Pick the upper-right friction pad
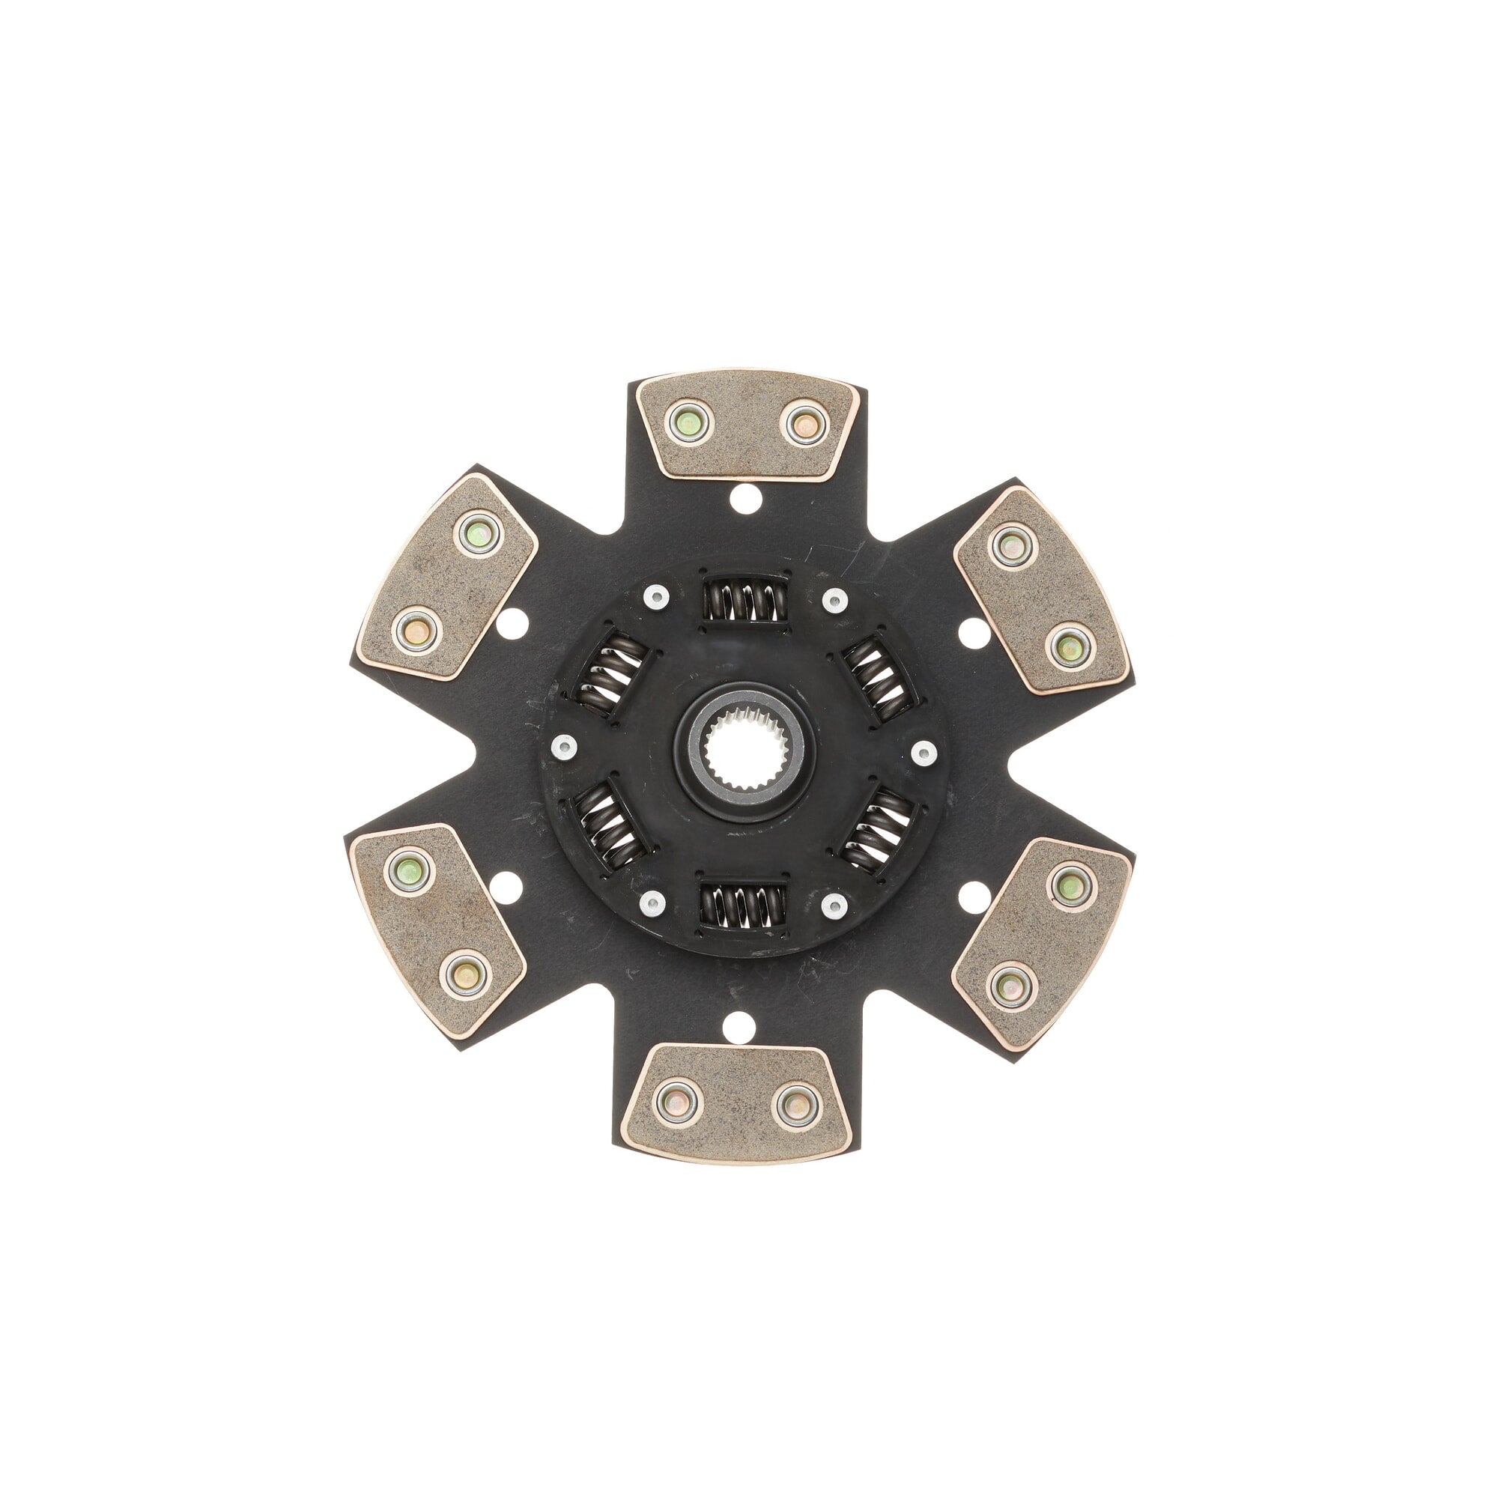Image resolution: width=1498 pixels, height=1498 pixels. pyautogui.click(x=1039, y=590)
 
